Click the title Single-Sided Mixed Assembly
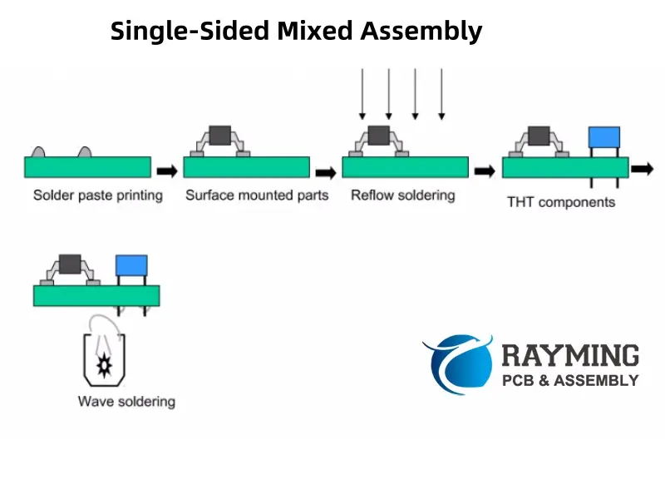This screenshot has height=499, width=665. pos(296,32)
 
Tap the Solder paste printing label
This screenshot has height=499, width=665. pos(98,195)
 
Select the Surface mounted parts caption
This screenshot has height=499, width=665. pos(257,195)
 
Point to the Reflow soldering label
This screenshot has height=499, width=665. pos(403,195)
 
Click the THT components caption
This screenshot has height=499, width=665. pos(561,202)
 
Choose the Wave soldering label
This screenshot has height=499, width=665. pos(126,402)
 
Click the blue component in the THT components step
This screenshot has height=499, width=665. pos(603,137)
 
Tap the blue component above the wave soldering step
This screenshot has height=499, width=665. pos(131,266)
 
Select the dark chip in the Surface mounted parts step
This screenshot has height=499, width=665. pos(220,135)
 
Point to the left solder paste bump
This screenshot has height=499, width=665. pos(38,152)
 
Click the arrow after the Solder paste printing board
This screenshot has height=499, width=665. pos(167,171)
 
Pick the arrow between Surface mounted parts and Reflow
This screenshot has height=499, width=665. pos(326,172)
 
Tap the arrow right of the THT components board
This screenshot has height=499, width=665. pos(641,169)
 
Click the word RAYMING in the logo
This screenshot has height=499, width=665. pos(570,355)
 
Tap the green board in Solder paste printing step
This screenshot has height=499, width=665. pos(87,166)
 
